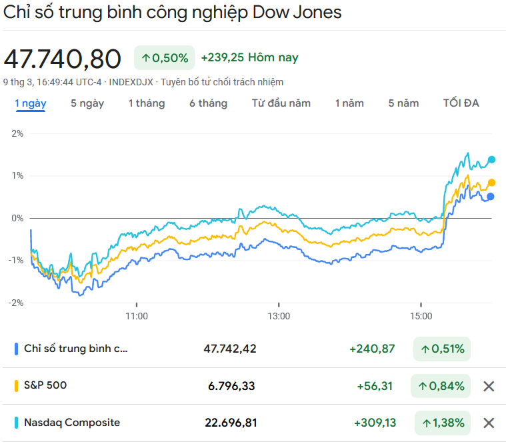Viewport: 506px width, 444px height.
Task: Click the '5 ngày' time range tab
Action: click(x=87, y=103)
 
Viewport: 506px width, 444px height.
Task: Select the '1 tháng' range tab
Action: click(x=147, y=103)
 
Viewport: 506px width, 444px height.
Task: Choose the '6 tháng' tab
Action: click(x=208, y=103)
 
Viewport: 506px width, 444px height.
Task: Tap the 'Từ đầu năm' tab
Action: click(x=281, y=103)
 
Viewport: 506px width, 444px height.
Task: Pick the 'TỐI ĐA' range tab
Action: click(x=461, y=103)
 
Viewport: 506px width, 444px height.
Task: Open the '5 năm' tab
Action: click(x=404, y=103)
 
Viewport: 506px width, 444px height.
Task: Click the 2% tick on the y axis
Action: click(x=17, y=133)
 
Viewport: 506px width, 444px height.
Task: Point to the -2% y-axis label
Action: click(x=15, y=303)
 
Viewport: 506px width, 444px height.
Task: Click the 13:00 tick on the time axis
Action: click(x=279, y=316)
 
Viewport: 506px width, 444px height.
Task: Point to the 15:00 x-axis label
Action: click(x=421, y=316)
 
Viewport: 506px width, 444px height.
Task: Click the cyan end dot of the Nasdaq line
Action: click(x=492, y=159)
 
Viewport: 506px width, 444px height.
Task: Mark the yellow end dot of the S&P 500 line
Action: click(x=492, y=183)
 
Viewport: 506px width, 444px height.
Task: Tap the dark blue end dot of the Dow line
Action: click(x=491, y=197)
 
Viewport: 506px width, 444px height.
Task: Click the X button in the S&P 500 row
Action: click(x=489, y=386)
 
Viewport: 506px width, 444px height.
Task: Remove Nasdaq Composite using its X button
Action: click(x=489, y=423)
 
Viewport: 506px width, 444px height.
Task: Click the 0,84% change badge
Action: click(x=441, y=386)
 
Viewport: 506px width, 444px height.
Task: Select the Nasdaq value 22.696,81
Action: click(x=231, y=423)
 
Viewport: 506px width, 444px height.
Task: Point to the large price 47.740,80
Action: click(x=63, y=59)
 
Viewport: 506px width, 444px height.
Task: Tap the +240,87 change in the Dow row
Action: click(x=372, y=349)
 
